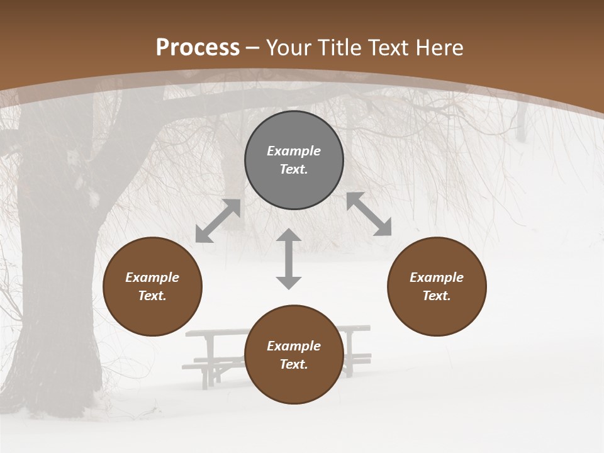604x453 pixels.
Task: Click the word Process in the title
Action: [197, 48]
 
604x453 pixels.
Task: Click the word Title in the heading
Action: [339, 48]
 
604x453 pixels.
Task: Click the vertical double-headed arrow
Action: [289, 259]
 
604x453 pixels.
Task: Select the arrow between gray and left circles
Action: [218, 221]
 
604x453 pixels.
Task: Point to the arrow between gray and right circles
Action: [369, 214]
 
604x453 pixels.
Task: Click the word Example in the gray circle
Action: [294, 151]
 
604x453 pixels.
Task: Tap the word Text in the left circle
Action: [152, 296]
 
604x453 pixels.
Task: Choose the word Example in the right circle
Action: [437, 277]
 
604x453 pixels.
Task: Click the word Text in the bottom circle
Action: [293, 364]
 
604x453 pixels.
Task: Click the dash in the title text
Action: [253, 48]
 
